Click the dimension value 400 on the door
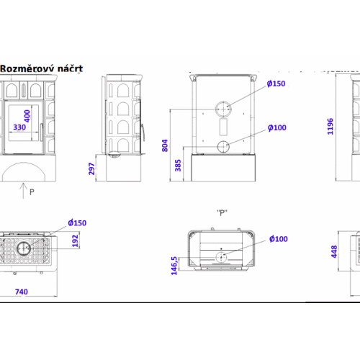pyautogui.click(x=27, y=116)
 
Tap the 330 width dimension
pyautogui.click(x=19, y=127)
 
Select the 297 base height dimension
pyautogui.click(x=91, y=168)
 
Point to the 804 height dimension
pyautogui.click(x=165, y=145)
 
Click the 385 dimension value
pyautogui.click(x=178, y=166)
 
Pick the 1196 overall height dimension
pyautogui.click(x=330, y=127)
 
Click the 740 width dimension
pyautogui.click(x=22, y=292)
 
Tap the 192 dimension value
pyautogui.click(x=76, y=240)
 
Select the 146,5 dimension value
pyautogui.click(x=174, y=266)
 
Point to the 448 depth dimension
pyautogui.click(x=334, y=251)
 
